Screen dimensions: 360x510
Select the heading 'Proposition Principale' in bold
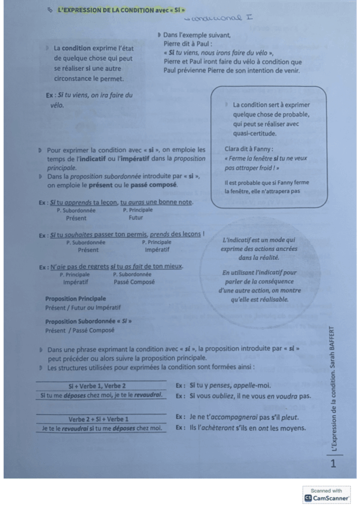[75, 298]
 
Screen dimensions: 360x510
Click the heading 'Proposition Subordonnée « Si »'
[88, 321]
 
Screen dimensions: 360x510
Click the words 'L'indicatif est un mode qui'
[259, 240]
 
